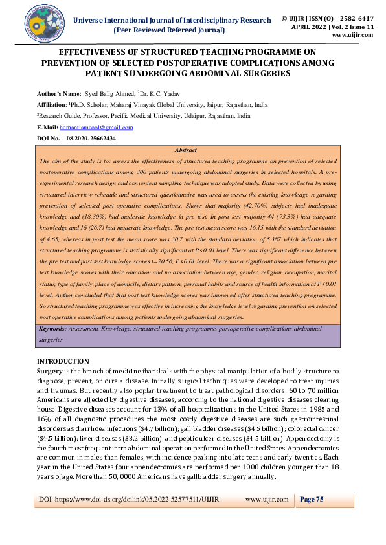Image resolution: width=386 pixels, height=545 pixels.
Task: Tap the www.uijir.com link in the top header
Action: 352,35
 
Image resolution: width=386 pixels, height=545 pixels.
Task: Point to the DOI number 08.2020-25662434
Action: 87,139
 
